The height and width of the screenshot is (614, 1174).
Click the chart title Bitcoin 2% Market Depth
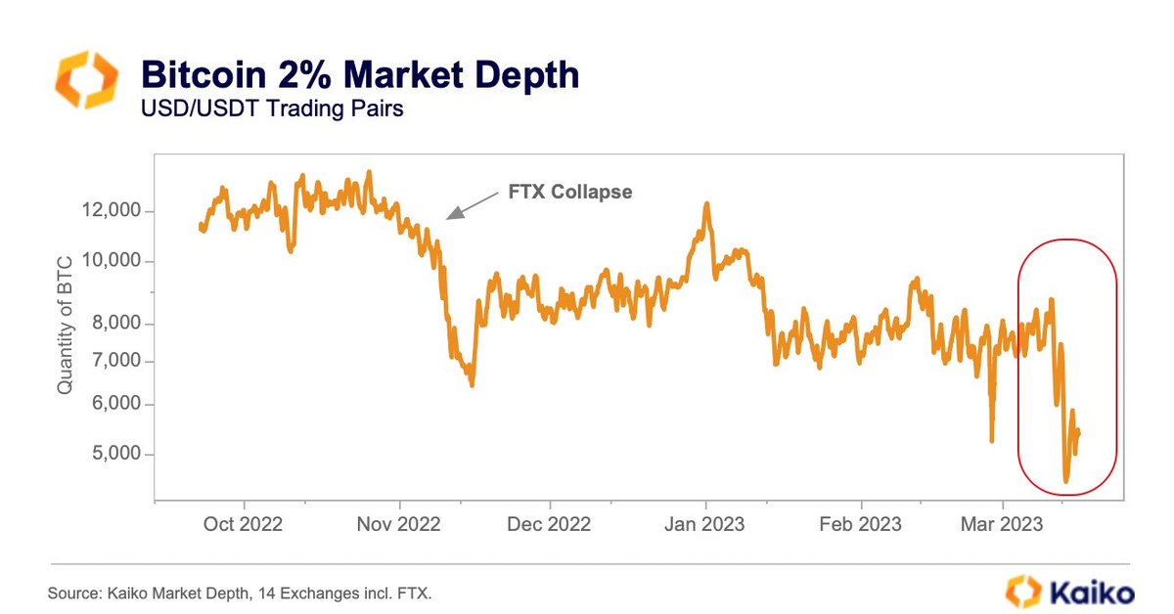point(360,75)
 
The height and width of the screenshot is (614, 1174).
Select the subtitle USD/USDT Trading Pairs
point(273,109)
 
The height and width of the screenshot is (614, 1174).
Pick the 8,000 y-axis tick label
point(118,324)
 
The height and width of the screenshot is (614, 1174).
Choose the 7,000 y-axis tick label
point(118,362)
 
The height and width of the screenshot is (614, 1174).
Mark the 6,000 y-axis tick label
point(118,405)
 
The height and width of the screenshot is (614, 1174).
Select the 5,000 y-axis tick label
point(118,455)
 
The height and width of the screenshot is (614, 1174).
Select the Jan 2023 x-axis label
point(705,524)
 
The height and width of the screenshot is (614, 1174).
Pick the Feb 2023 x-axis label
point(860,524)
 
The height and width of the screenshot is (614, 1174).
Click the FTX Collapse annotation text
point(570,192)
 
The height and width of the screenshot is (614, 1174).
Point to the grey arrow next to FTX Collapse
point(472,203)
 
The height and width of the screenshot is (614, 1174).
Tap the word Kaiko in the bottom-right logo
point(1091,592)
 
